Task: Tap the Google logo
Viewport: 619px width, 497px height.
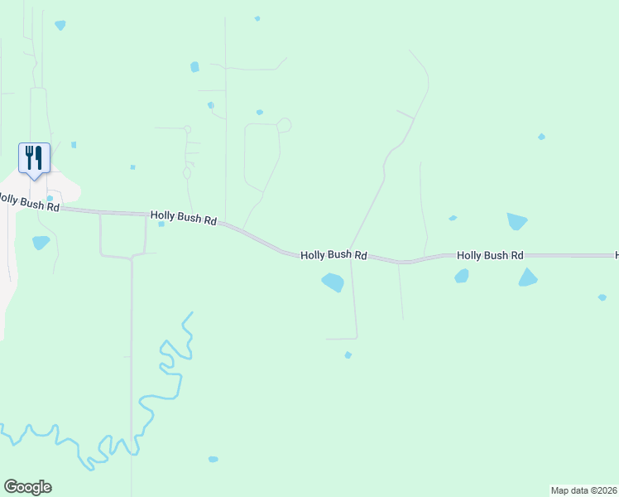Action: [x=27, y=487]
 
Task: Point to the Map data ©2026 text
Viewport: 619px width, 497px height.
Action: [x=584, y=490]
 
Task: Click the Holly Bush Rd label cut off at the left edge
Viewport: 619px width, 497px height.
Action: [x=29, y=202]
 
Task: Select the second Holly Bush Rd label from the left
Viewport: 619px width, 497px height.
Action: [x=184, y=218]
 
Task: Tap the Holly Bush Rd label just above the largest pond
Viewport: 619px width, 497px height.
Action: [x=333, y=256]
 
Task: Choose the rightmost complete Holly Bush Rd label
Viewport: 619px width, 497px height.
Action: [x=490, y=256]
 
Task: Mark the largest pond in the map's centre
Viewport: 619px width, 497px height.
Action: [x=333, y=282]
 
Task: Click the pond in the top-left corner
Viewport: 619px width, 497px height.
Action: [x=60, y=25]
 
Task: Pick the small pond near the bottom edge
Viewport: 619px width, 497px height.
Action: [x=213, y=459]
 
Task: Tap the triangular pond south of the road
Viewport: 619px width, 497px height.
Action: [x=527, y=278]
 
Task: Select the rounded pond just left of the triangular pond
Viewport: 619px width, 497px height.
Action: [x=462, y=276]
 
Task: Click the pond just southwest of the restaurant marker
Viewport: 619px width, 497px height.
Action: [x=41, y=243]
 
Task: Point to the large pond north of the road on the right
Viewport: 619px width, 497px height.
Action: [x=516, y=221]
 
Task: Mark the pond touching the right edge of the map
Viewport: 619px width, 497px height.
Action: [x=602, y=297]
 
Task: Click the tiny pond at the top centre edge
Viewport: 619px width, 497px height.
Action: [x=257, y=18]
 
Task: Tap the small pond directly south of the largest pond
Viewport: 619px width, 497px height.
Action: [x=348, y=355]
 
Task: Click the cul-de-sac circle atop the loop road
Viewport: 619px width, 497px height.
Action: [x=284, y=125]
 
